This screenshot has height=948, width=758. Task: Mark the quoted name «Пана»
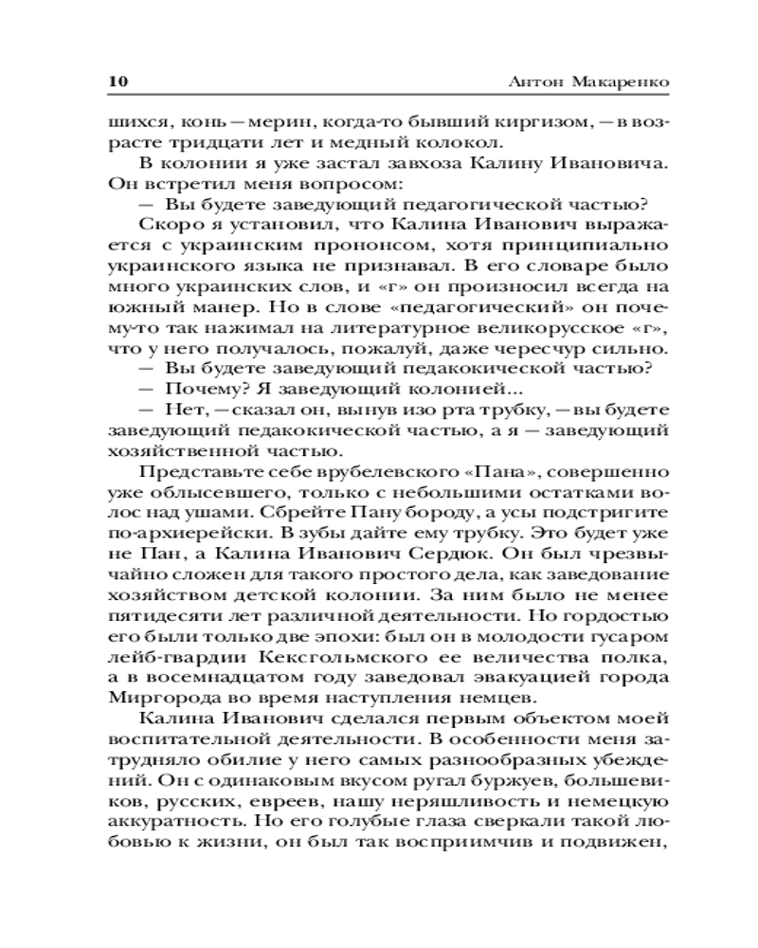pos(461,471)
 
